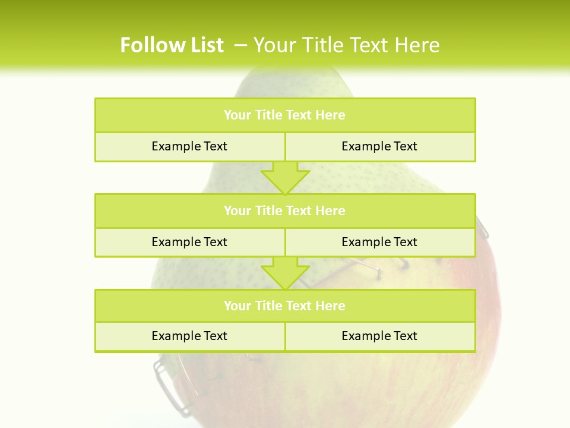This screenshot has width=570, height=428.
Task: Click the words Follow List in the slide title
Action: pyautogui.click(x=172, y=45)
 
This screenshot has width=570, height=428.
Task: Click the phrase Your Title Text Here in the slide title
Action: pyautogui.click(x=347, y=45)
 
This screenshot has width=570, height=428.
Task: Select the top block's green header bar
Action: pyautogui.click(x=285, y=115)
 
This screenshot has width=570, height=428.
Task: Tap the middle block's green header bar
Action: pyautogui.click(x=285, y=210)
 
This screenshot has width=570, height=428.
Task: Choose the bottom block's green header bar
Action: pyautogui.click(x=285, y=306)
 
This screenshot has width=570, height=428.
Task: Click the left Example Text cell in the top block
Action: pyautogui.click(x=189, y=146)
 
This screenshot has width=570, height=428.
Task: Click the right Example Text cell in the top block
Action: pyautogui.click(x=379, y=146)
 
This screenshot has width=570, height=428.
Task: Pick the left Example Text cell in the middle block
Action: pyautogui.click(x=189, y=242)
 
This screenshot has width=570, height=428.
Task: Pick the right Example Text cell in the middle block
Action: pyautogui.click(x=379, y=242)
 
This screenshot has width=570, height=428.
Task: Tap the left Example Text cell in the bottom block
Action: pyautogui.click(x=189, y=336)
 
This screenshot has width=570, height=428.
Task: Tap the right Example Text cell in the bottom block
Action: pyautogui.click(x=379, y=336)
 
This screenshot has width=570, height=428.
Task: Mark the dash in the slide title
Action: pyautogui.click(x=240, y=45)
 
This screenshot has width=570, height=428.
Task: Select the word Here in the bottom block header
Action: pyautogui.click(x=331, y=306)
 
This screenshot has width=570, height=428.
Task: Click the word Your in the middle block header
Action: pyautogui.click(x=237, y=210)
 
